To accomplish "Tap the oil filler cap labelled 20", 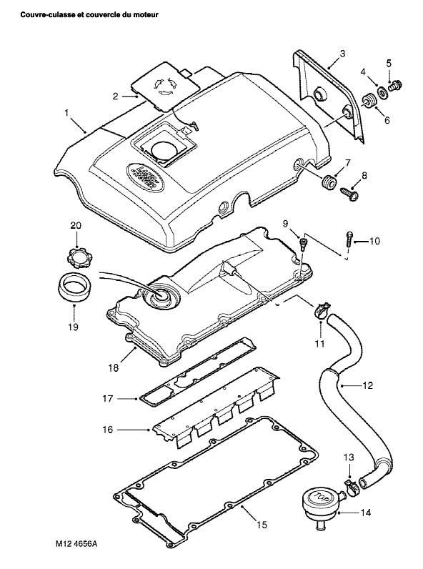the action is pos(77,257).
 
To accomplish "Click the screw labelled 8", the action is pos(349,193).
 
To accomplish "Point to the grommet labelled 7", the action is pos(328,182).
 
